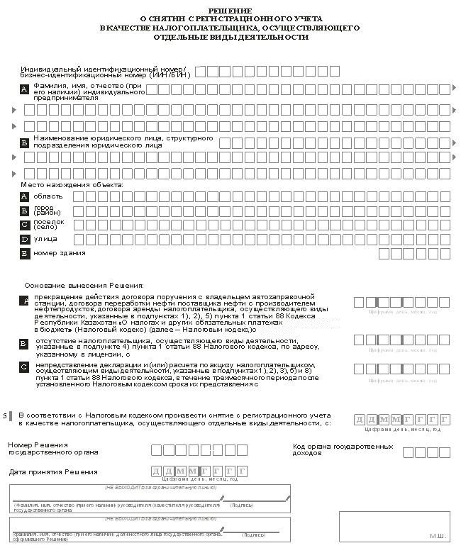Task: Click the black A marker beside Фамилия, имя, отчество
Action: pos(24,89)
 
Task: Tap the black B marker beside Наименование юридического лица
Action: pos(24,142)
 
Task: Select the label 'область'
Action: pos(48,196)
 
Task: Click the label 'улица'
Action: pos(44,239)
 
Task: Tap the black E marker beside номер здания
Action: pos(24,253)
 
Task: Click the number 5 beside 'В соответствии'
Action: pos(6,414)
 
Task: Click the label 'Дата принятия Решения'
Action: pos(53,471)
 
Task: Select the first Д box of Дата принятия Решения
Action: pos(157,471)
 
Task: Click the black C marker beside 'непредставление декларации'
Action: pos(24,367)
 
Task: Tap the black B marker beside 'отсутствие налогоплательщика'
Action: pos(24,343)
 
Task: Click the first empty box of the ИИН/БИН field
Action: pos(201,70)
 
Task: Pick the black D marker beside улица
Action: pos(24,239)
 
